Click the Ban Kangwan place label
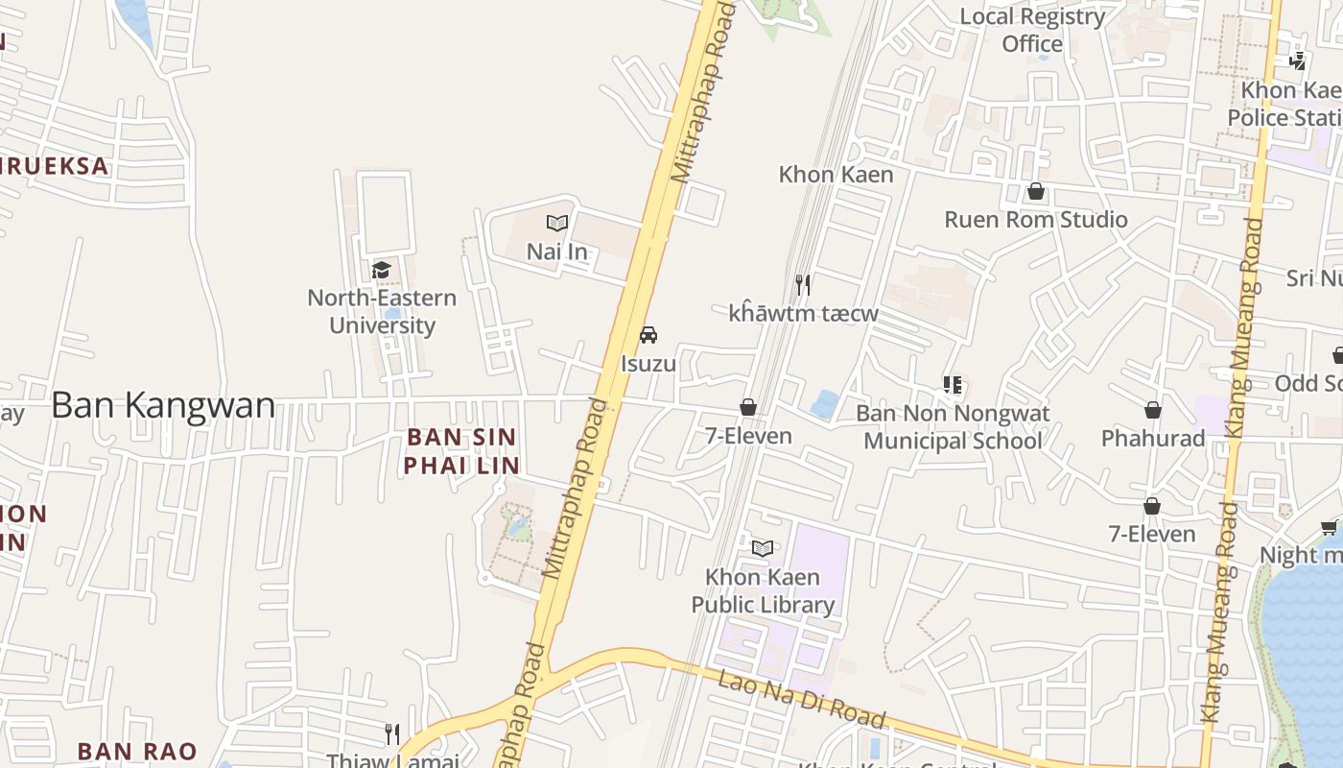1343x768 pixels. pyautogui.click(x=163, y=405)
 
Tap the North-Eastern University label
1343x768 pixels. pyautogui.click(x=382, y=311)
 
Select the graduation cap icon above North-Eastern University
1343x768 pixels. pyautogui.click(x=382, y=270)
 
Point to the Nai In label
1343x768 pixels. pyautogui.click(x=557, y=252)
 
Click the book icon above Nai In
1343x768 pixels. pyautogui.click(x=557, y=224)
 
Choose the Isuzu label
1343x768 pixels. pyautogui.click(x=648, y=364)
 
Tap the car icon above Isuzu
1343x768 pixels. pyautogui.click(x=648, y=335)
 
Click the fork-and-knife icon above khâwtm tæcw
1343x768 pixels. pyautogui.click(x=803, y=284)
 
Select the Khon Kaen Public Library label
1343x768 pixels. pyautogui.click(x=763, y=590)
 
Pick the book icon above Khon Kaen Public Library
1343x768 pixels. pyautogui.click(x=763, y=548)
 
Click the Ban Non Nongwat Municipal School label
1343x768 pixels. pyautogui.click(x=953, y=427)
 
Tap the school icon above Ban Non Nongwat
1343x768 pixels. pyautogui.click(x=953, y=386)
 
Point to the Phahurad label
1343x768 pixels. pyautogui.click(x=1153, y=439)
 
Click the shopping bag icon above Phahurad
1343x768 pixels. pyautogui.click(x=1153, y=411)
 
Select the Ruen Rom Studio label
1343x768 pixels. pyautogui.click(x=1036, y=220)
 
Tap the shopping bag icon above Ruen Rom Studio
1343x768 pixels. pyautogui.click(x=1036, y=192)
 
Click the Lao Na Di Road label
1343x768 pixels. pyautogui.click(x=801, y=699)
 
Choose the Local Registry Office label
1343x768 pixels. pyautogui.click(x=1032, y=30)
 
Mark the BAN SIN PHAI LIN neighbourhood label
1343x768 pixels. pyautogui.click(x=461, y=451)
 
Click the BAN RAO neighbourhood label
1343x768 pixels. pyautogui.click(x=137, y=751)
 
